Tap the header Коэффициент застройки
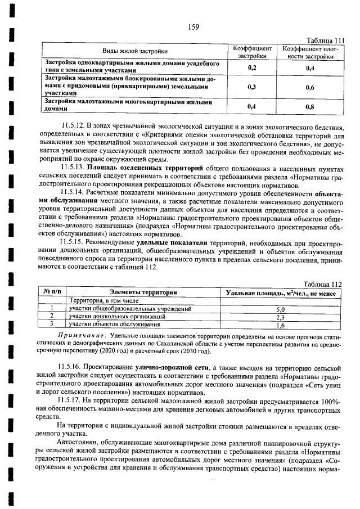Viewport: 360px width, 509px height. tap(251, 52)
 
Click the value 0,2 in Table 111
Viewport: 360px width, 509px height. tap(251, 67)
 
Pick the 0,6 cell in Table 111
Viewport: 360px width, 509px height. tap(310, 87)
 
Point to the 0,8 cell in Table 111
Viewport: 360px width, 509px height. tap(310, 106)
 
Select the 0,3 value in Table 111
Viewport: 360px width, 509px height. tap(251, 87)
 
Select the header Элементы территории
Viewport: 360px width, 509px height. tap(143, 292)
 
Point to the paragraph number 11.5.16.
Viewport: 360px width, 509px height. tap(73, 367)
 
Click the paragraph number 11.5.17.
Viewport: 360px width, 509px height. tap(73, 400)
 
